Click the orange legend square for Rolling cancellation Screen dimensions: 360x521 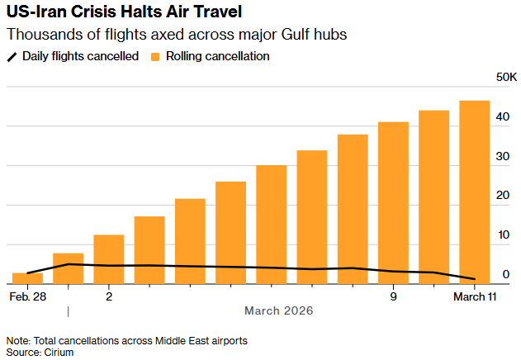(x=155, y=56)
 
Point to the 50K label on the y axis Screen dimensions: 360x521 (x=505, y=77)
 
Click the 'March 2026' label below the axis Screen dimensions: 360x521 (x=278, y=311)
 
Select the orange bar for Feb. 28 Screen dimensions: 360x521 (x=27, y=278)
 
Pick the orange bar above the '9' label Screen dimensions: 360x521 (x=393, y=202)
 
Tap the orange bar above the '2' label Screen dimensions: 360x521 (x=109, y=259)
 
